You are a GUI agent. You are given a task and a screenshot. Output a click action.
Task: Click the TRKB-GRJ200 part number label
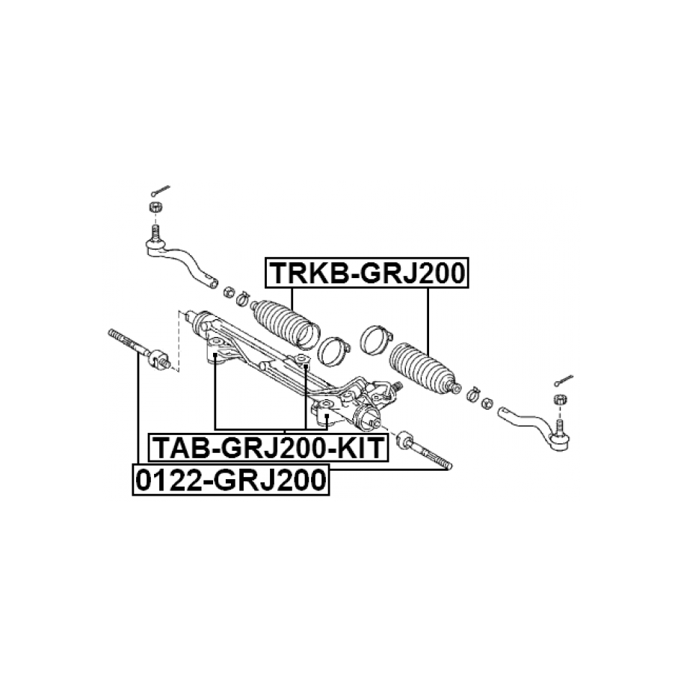[x=367, y=273]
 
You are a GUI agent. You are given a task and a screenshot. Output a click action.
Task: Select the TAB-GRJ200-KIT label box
[x=268, y=448]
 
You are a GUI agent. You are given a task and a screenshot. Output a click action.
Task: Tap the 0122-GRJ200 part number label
[x=231, y=480]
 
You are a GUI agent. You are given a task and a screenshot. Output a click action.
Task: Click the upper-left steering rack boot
[x=286, y=324]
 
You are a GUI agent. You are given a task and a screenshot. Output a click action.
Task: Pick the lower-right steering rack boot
[x=424, y=367]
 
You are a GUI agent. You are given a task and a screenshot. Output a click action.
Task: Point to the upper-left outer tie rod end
[x=179, y=257]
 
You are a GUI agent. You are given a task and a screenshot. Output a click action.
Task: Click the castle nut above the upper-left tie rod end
[x=155, y=207]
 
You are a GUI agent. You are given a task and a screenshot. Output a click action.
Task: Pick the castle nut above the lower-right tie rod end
[x=559, y=398]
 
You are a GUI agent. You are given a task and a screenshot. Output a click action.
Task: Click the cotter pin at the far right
[x=564, y=380]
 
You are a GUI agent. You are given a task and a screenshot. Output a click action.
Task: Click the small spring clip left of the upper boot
[x=242, y=298]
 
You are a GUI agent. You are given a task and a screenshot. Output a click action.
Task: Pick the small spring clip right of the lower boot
[x=472, y=395]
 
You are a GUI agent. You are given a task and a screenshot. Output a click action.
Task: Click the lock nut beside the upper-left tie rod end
[x=229, y=292]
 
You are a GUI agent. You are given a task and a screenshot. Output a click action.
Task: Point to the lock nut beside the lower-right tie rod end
[x=487, y=404]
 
